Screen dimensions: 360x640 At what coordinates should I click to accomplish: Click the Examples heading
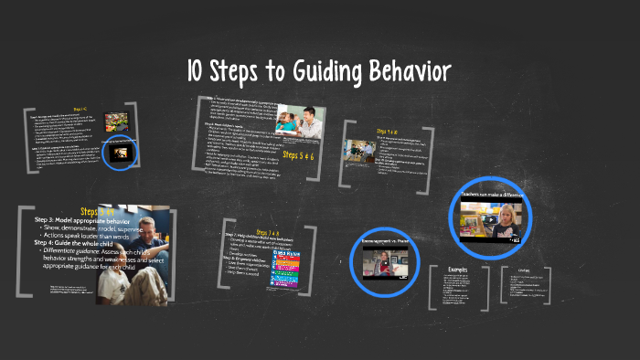pyautogui.click(x=458, y=270)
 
